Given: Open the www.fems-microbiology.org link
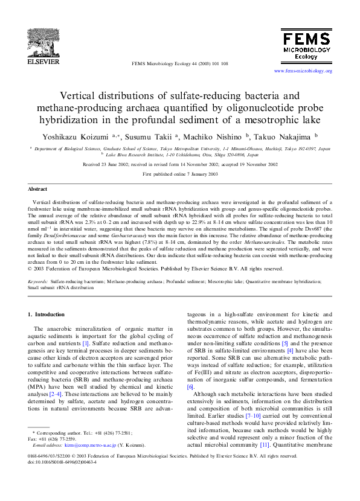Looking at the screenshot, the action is click(x=303, y=71).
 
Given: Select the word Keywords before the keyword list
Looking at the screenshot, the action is click(x=37, y=281).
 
